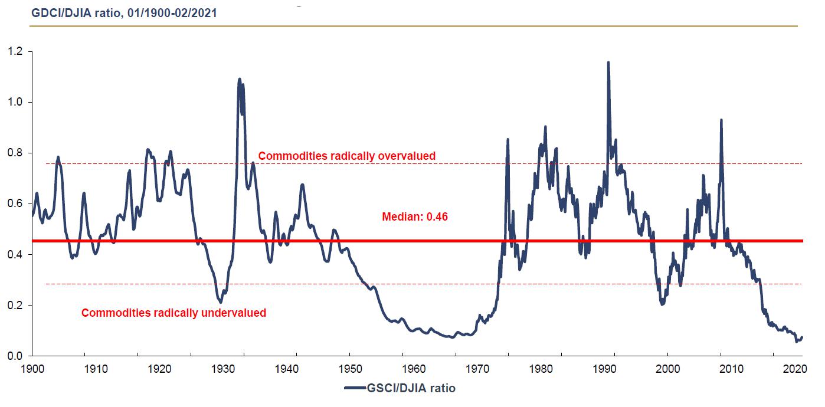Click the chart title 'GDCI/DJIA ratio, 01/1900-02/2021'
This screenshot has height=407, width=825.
[123, 12]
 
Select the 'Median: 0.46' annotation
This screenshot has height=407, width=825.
[415, 217]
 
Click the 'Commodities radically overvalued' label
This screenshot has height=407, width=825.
[347, 156]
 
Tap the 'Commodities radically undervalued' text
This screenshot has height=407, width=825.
[173, 313]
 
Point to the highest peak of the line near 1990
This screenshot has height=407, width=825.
[608, 62]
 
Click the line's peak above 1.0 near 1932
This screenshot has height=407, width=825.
[239, 79]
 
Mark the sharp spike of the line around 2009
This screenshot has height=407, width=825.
[721, 120]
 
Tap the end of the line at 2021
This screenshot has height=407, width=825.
[802, 337]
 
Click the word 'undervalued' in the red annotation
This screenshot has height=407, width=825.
[235, 313]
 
